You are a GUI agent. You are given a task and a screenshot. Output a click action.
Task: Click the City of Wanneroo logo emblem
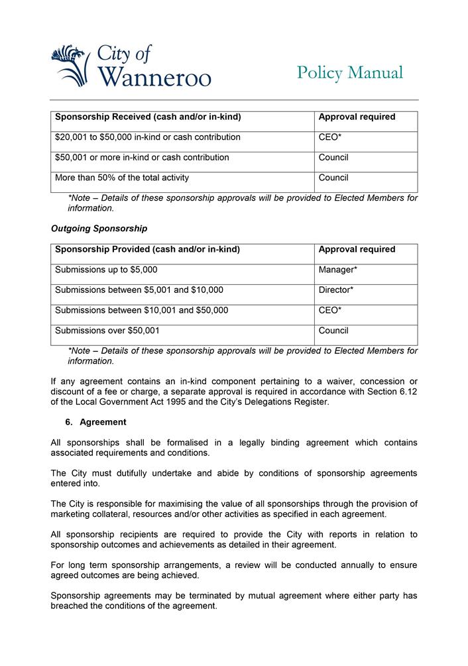click(70, 64)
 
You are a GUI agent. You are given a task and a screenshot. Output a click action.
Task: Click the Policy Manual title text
click(349, 72)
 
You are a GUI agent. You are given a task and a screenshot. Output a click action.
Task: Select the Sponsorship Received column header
click(148, 117)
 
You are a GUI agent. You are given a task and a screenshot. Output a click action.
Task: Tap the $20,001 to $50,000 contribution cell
click(148, 137)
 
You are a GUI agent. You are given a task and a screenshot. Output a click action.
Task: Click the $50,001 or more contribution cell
click(142, 158)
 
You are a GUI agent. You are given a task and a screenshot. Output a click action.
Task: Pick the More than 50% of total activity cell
click(121, 178)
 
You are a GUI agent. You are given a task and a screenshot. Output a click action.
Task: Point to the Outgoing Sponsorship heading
click(99, 229)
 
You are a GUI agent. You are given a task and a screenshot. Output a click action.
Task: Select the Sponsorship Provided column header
click(147, 250)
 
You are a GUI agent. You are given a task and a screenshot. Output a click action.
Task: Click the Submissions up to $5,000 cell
click(106, 270)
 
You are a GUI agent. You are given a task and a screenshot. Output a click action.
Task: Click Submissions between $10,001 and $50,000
click(142, 310)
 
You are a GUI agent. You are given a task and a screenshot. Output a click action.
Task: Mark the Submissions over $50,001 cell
click(107, 330)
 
